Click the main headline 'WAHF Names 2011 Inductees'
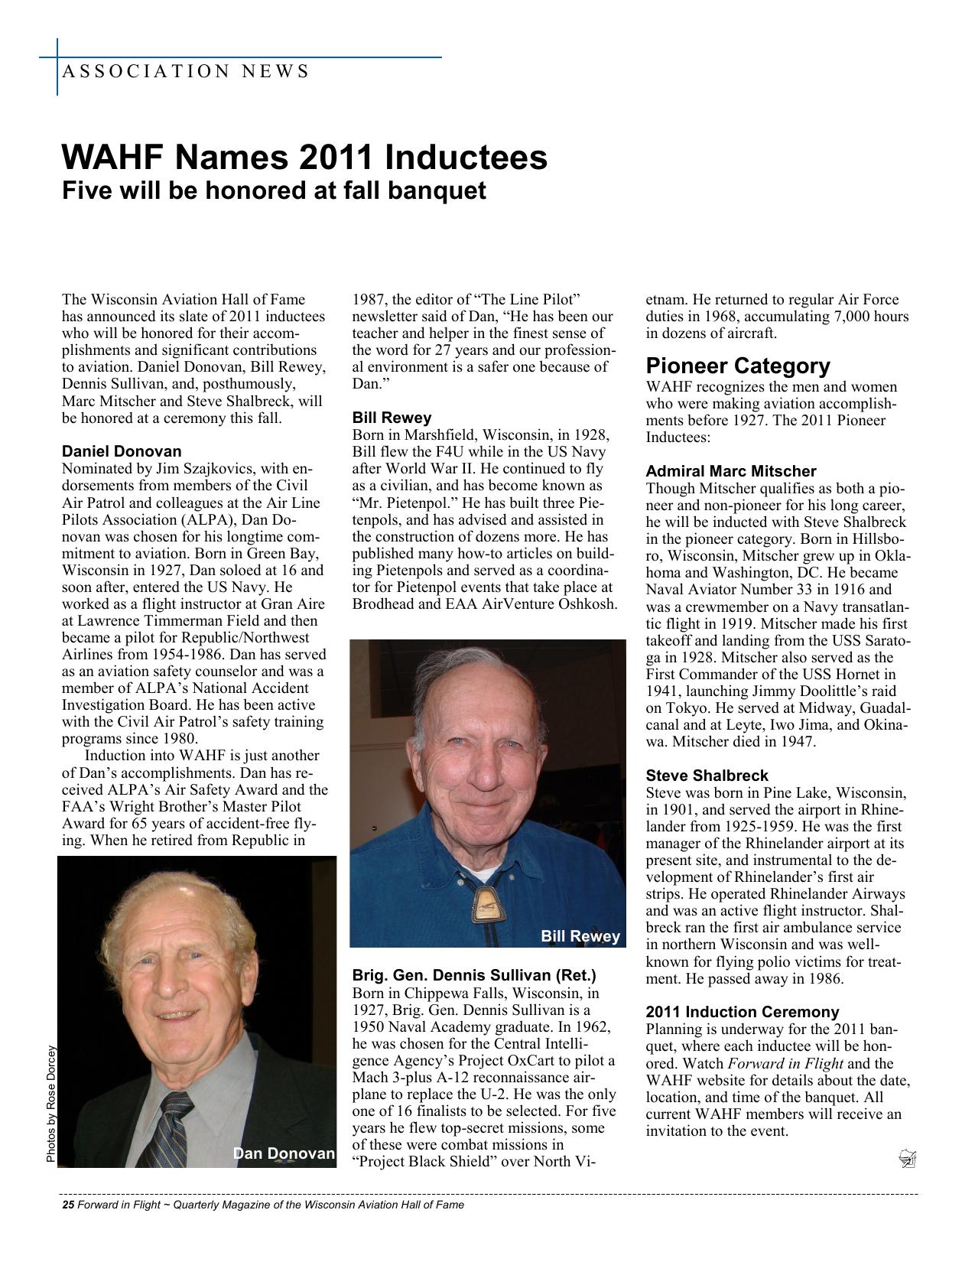304,158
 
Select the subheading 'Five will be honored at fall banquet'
273,190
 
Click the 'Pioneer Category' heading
737,366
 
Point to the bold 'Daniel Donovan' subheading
122,451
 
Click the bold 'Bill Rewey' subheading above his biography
392,418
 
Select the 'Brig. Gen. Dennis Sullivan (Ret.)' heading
473,976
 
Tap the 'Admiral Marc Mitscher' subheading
730,471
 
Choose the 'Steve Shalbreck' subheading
707,776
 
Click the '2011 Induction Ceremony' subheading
742,1012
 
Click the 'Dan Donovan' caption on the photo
284,1153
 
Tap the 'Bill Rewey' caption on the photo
580,936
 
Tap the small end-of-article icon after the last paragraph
908,1160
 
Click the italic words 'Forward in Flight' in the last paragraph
785,1063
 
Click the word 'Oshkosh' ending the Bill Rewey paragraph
590,604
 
